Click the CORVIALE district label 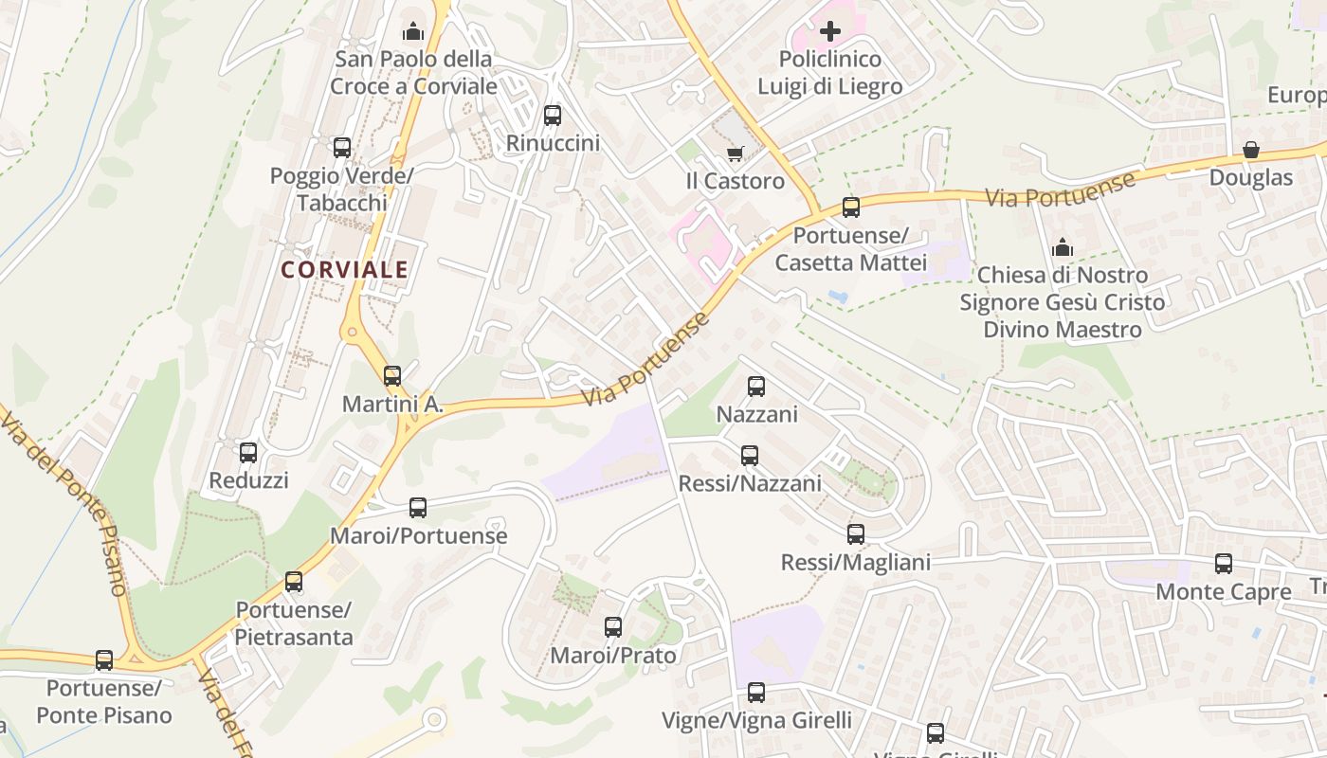(x=345, y=269)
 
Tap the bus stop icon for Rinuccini (x=553, y=116)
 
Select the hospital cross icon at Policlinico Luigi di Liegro (x=830, y=32)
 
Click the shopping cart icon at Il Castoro (x=735, y=153)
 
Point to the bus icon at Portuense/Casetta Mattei (x=851, y=207)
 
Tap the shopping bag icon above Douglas (x=1251, y=150)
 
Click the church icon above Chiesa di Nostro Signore (x=1063, y=247)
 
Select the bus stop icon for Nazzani (x=756, y=387)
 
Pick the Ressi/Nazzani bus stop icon (x=750, y=456)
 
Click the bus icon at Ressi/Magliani (x=856, y=534)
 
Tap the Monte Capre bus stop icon (x=1224, y=564)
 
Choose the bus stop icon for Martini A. (x=392, y=376)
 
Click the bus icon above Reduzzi (x=248, y=453)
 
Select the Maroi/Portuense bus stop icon (x=418, y=508)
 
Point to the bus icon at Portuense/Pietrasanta (x=294, y=582)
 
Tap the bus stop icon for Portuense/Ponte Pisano (x=104, y=660)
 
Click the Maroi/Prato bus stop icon (x=613, y=627)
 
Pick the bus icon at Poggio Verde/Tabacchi (x=342, y=148)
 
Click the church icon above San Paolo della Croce (x=413, y=32)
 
